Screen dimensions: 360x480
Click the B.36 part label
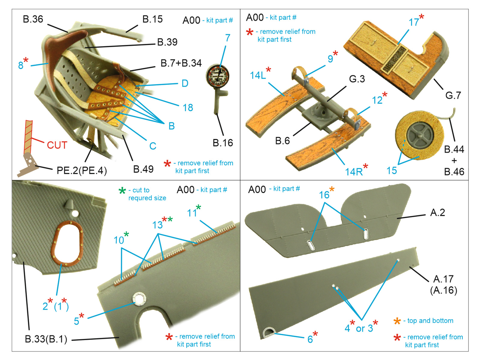[x=33, y=19]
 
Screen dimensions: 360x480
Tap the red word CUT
[x=57, y=145]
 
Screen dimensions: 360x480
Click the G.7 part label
[x=453, y=95]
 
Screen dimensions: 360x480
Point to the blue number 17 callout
[x=414, y=22]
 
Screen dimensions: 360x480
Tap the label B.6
[x=282, y=141]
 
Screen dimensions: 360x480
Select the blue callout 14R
[x=354, y=172]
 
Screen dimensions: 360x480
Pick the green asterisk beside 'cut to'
[x=122, y=191]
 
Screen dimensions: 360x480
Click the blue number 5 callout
[x=76, y=321]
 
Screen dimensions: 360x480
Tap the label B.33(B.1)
[x=46, y=339]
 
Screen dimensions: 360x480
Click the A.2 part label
[x=437, y=212]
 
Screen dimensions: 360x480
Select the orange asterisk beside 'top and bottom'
[x=397, y=321]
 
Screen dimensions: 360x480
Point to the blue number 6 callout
[x=310, y=339]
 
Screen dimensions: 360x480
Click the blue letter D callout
[x=185, y=83]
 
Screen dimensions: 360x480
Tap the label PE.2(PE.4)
[x=82, y=170]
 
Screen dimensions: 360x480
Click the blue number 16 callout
[x=324, y=195]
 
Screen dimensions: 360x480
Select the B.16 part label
[x=223, y=143]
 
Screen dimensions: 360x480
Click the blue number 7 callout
[x=228, y=38]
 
